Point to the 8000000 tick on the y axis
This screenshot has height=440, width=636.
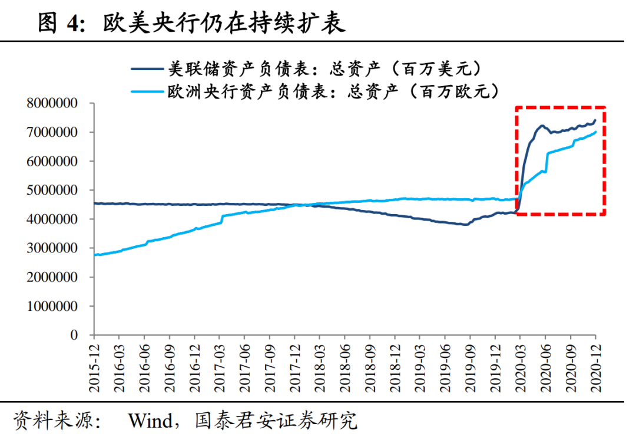[x=52, y=104]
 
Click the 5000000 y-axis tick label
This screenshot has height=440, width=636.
[x=52, y=191]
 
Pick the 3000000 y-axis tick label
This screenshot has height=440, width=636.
[x=52, y=248]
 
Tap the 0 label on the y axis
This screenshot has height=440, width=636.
[x=74, y=335]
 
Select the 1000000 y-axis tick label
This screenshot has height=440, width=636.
[x=52, y=306]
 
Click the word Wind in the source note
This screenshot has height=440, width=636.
[x=150, y=421]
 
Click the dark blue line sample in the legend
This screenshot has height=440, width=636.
[x=147, y=70]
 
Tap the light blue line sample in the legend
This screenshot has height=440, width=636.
[x=147, y=91]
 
